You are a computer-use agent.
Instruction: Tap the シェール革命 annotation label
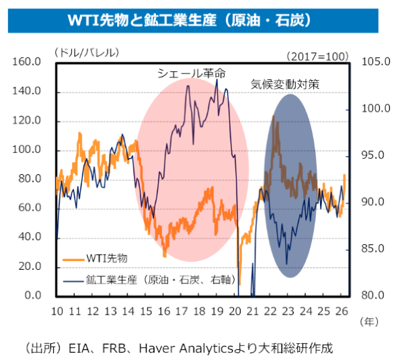click(191, 73)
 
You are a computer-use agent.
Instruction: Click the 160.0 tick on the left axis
click(28, 62)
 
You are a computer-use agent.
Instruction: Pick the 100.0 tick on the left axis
click(28, 150)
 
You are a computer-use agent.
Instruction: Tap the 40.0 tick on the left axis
click(31, 238)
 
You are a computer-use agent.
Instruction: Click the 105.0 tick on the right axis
click(375, 62)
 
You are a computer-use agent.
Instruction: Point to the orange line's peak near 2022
click(273, 116)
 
